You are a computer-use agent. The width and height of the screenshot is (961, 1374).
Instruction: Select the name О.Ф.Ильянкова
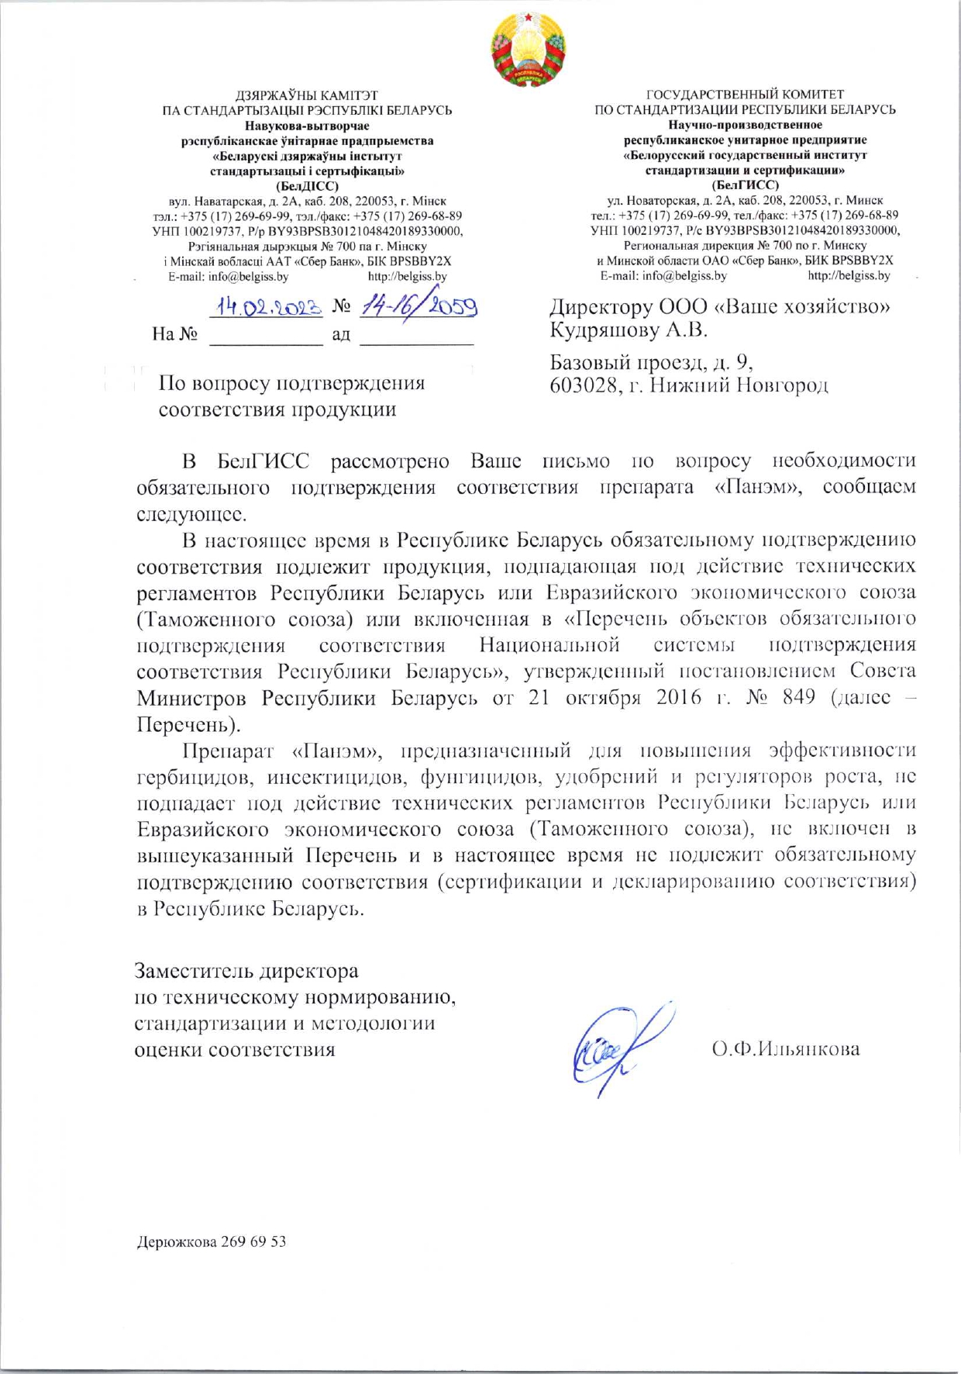point(785,1049)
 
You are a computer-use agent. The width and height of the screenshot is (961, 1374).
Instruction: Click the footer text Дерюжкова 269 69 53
point(211,1241)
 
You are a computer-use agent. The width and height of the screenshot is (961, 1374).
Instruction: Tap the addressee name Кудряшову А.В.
point(629,330)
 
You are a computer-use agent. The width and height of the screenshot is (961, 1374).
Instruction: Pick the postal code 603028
point(583,385)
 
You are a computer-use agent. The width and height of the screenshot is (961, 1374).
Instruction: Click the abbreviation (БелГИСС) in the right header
point(745,185)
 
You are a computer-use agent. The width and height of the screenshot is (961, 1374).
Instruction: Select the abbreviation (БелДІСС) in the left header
point(308,186)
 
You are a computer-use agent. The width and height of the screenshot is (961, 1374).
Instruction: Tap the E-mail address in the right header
point(663,275)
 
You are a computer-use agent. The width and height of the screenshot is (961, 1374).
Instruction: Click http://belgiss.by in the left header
point(407,276)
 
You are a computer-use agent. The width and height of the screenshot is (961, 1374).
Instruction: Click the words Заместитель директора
point(246,971)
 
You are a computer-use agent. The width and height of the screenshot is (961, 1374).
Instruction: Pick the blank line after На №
point(266,336)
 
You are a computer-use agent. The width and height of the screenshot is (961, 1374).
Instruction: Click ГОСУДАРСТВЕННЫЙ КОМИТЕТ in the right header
point(745,95)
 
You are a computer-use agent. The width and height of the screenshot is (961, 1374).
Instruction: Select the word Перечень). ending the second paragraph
point(188,724)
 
